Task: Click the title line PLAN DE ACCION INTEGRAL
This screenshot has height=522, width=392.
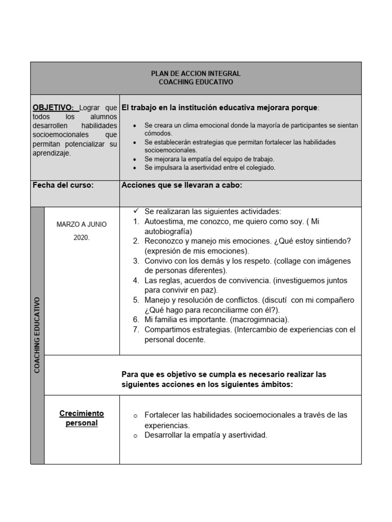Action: (x=196, y=74)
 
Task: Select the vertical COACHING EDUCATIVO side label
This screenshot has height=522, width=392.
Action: (x=37, y=334)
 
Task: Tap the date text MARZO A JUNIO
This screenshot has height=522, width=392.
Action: (x=82, y=224)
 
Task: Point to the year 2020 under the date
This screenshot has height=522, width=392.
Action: (x=82, y=238)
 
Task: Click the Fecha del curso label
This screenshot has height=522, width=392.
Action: (x=63, y=185)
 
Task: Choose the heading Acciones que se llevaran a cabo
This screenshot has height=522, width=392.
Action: (x=182, y=185)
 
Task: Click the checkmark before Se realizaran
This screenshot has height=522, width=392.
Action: (x=136, y=211)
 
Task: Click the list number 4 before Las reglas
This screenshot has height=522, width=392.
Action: (x=136, y=280)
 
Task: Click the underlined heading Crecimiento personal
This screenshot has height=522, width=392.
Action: (x=82, y=418)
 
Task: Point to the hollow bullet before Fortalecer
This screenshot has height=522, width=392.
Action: (x=135, y=416)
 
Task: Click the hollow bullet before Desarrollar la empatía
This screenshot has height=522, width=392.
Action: (x=135, y=436)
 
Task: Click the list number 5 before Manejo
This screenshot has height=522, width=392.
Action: (x=136, y=300)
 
